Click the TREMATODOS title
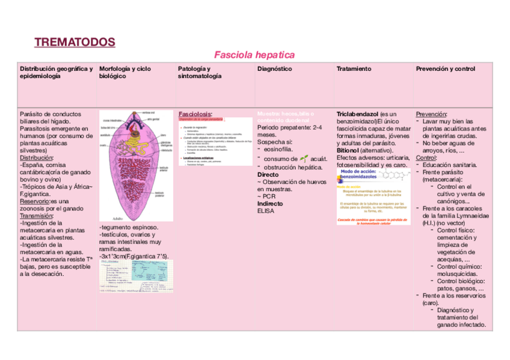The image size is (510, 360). (x=75, y=42)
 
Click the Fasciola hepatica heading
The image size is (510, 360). (x=254, y=55)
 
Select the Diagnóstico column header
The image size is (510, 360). (x=274, y=69)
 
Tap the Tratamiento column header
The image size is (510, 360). (x=354, y=69)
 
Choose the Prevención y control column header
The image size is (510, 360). (x=445, y=69)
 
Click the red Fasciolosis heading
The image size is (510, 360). (x=195, y=114)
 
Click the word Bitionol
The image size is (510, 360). (x=349, y=150)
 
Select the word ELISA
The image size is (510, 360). (x=265, y=211)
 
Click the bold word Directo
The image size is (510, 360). (x=268, y=175)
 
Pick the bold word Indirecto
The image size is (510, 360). (x=270, y=204)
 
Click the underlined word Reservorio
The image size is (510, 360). (x=34, y=201)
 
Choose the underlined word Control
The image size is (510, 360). (x=427, y=157)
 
